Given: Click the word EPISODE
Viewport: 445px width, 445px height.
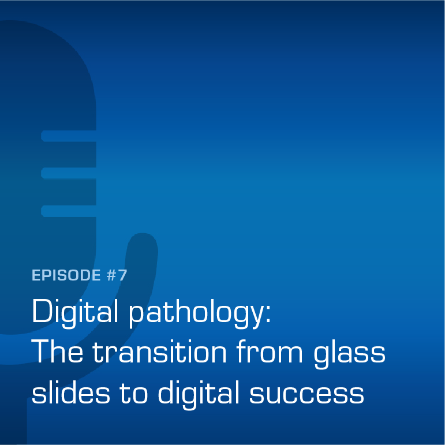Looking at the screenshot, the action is (66, 275).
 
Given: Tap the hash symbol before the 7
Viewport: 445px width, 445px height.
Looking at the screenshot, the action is (111, 275).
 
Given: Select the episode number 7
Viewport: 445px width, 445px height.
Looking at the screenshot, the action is (122, 275).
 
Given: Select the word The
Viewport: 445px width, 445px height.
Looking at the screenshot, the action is (57, 351).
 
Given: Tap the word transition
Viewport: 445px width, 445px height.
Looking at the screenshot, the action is (159, 351).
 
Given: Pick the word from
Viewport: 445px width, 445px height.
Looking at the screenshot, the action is (270, 351).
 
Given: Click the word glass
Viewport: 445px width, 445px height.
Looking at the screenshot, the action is (349, 353).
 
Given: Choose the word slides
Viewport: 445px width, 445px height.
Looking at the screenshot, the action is (70, 392).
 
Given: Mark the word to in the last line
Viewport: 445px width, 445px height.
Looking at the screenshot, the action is (133, 394).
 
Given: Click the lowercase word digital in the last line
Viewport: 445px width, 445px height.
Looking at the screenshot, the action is (199, 394).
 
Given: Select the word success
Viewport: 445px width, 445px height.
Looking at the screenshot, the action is (306, 395).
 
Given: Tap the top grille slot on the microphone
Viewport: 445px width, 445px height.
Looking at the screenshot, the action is (69, 136).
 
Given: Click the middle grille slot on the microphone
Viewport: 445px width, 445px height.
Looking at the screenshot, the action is (69, 173).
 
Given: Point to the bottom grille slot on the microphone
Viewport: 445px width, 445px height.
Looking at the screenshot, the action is (69, 211).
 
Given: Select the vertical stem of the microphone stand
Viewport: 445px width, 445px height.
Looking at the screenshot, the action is (13, 420).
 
